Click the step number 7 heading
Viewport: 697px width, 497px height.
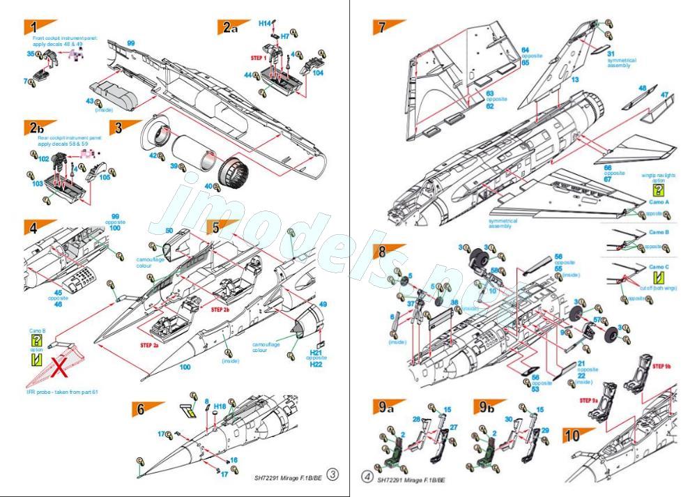pos(381,28)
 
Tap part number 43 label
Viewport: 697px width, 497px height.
pos(89,102)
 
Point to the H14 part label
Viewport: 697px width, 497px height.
pos(264,23)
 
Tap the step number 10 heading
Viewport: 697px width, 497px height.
pos(572,437)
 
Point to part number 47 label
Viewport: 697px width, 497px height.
pos(664,95)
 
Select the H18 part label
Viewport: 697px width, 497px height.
pos(220,405)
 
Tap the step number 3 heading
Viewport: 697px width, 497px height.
pos(118,128)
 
